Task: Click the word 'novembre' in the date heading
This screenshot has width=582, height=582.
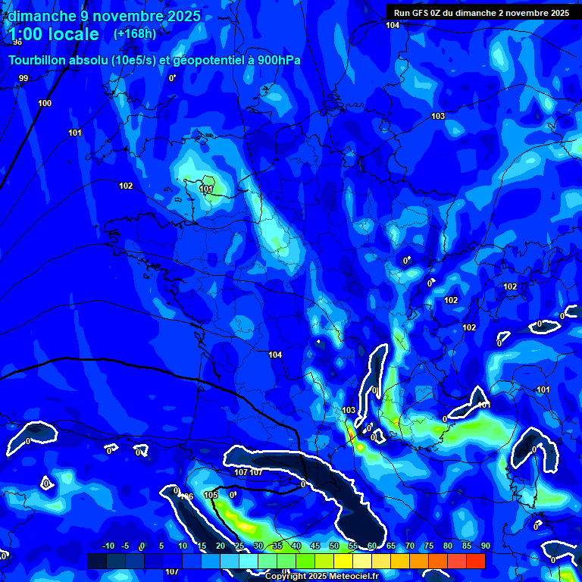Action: pyautogui.click(x=123, y=16)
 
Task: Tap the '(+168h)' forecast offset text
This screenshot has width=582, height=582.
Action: pyautogui.click(x=135, y=34)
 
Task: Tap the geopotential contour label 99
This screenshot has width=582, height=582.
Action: pyautogui.click(x=23, y=78)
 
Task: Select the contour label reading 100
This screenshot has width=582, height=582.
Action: pyautogui.click(x=45, y=103)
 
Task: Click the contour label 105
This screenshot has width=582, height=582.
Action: pyautogui.click(x=211, y=495)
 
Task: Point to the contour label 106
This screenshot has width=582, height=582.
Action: pyautogui.click(x=186, y=496)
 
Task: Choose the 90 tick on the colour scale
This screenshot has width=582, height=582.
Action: pyautogui.click(x=485, y=546)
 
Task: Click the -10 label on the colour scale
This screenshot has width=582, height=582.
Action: pyautogui.click(x=108, y=546)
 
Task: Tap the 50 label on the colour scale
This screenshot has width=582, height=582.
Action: pyautogui.click(x=333, y=546)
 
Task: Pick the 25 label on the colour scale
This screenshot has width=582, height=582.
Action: pyautogui.click(x=239, y=546)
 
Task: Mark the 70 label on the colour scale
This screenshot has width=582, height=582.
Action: pyautogui.click(x=409, y=546)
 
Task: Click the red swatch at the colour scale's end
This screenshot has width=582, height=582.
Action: pyautogui.click(x=475, y=561)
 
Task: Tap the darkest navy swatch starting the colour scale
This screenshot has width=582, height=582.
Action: pyautogui.click(x=97, y=561)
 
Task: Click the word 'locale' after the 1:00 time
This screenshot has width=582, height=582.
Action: pyautogui.click(x=70, y=34)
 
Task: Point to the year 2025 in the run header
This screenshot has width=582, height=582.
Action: pyautogui.click(x=559, y=13)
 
